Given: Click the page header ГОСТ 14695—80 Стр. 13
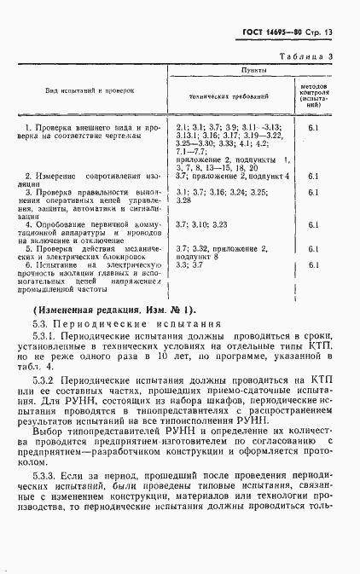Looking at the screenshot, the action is [295, 35].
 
